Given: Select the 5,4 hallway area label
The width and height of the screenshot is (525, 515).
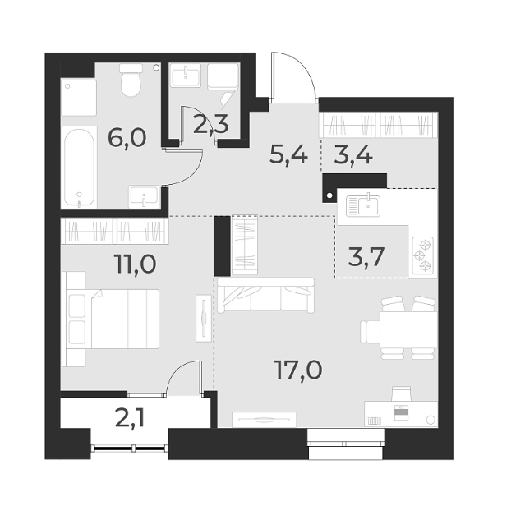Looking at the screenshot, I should click(288, 153).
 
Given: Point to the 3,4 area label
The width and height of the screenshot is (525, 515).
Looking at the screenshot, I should click(351, 153).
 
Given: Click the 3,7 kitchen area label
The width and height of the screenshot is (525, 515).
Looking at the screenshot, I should click(366, 258).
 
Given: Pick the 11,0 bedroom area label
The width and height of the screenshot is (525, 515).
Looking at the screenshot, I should click(135, 265).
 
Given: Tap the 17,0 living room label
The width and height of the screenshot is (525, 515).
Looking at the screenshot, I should click(297, 370).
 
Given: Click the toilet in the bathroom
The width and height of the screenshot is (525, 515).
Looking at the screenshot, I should click(130, 84).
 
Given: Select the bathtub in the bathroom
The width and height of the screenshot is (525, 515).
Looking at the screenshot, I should click(79, 168).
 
